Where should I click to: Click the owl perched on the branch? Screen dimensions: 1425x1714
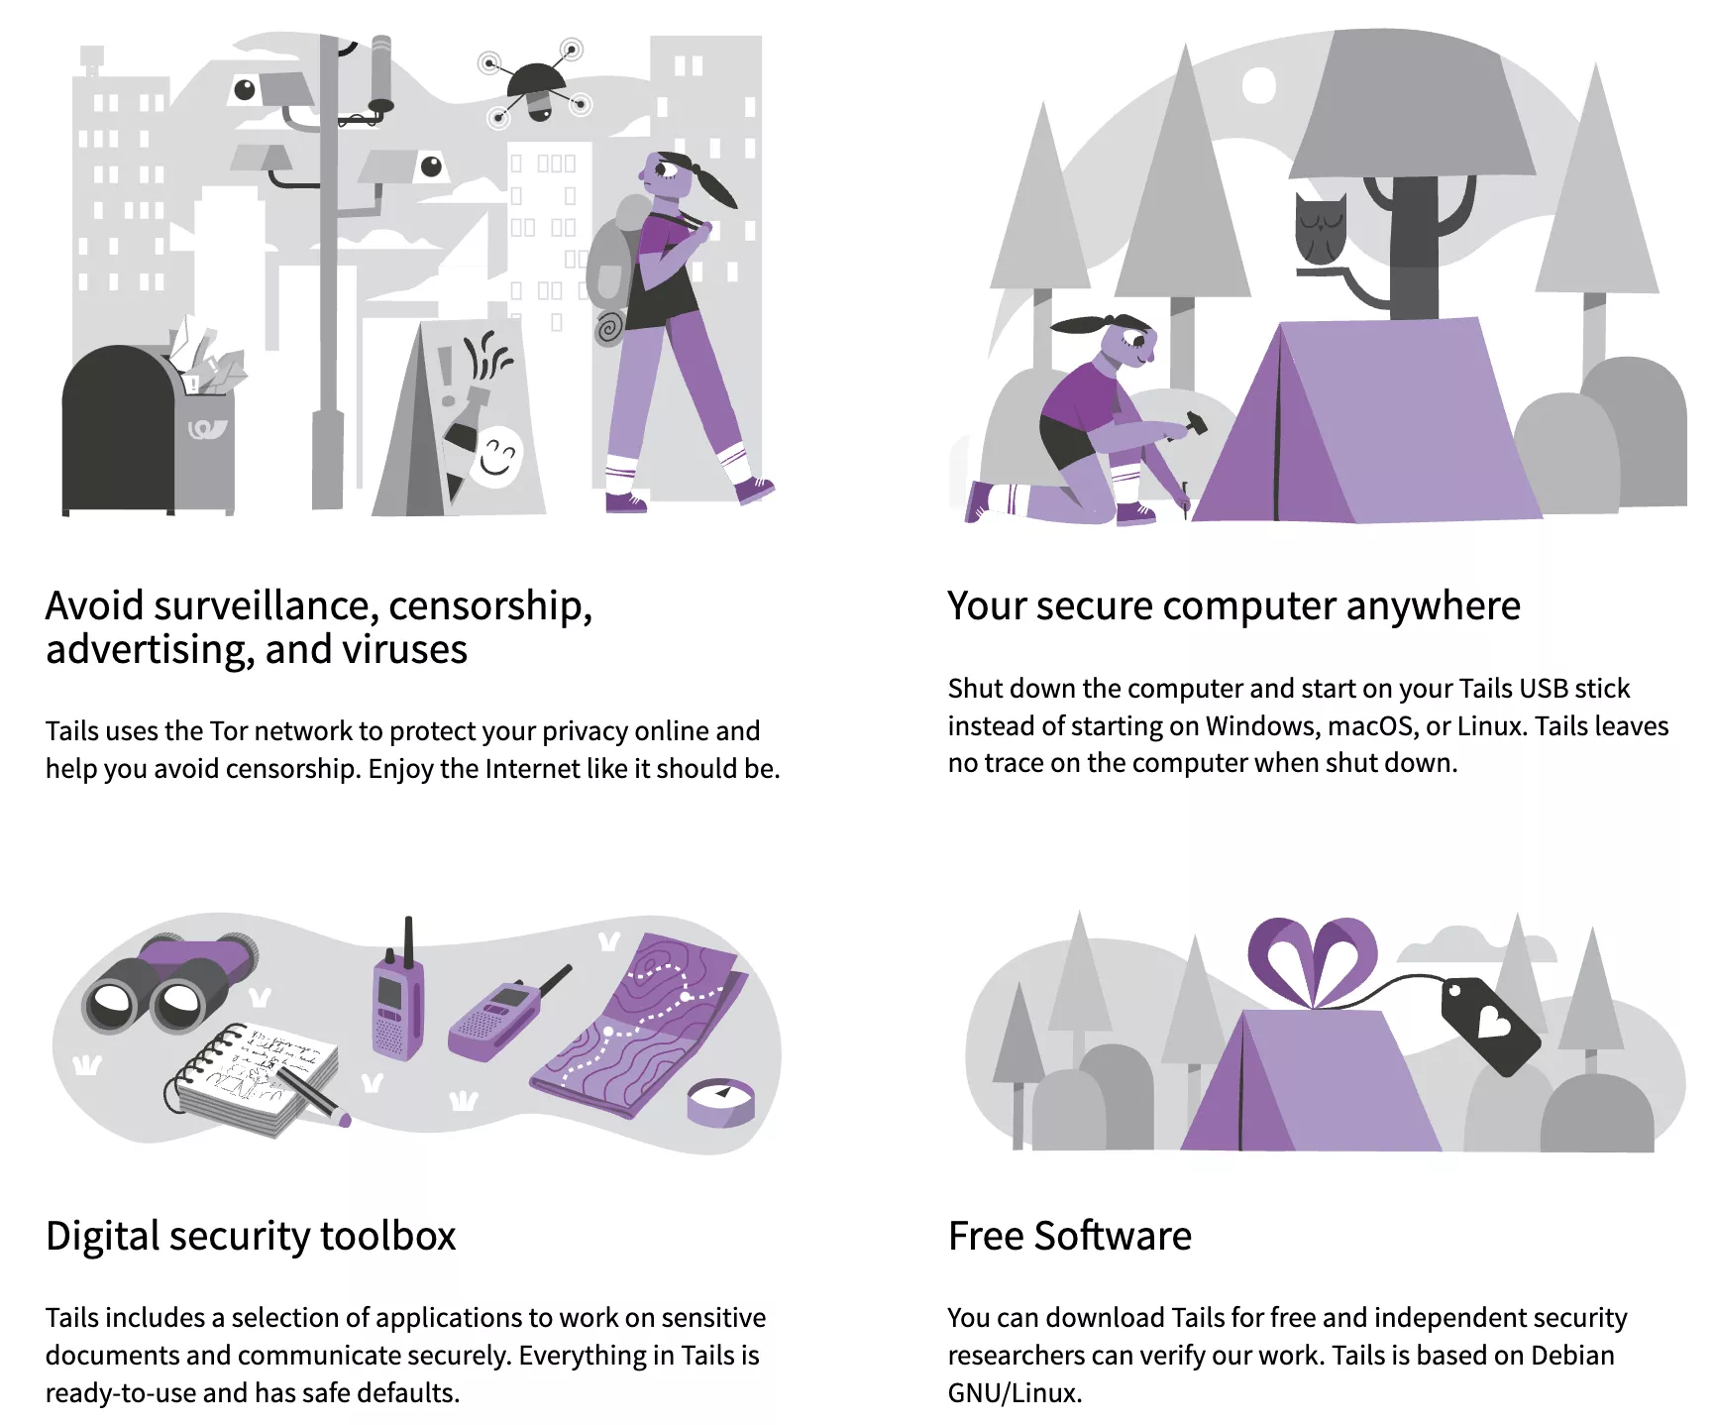tap(1320, 230)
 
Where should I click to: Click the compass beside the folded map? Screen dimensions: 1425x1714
tap(721, 1101)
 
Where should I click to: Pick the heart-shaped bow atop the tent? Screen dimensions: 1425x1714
tap(1312, 957)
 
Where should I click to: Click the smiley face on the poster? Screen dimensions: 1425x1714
tap(497, 457)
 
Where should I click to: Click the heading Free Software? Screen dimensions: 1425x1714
tap(1070, 1237)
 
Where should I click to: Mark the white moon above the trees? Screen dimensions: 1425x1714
tap(1258, 85)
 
